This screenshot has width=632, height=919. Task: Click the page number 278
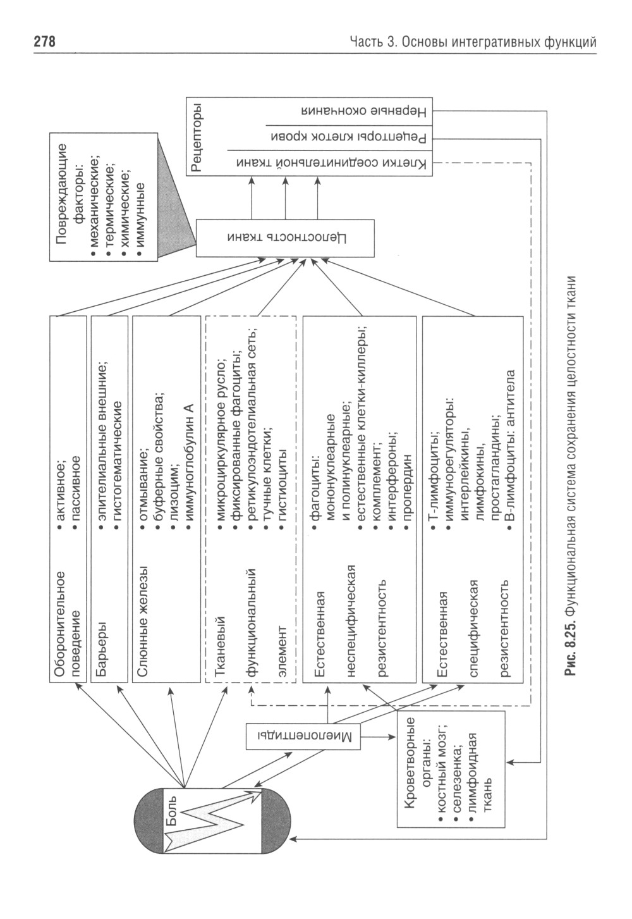[45, 42]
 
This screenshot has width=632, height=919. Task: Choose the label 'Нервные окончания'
[365, 111]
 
